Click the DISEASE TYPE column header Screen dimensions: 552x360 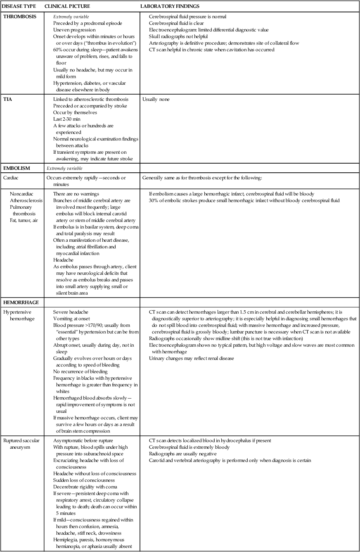tap(19, 7)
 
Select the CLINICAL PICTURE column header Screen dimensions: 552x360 tap(67, 7)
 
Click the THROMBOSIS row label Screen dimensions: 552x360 tap(19, 17)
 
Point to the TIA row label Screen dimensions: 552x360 tap(8, 100)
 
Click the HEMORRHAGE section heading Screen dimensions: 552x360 tap(19, 302)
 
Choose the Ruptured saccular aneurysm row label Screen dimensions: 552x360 tap(21, 444)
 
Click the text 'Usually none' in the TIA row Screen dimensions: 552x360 tap(156, 100)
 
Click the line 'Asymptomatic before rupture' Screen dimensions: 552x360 tap(83, 441)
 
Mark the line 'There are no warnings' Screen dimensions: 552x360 tap(76, 194)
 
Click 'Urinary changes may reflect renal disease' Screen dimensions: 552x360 tap(192, 358)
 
